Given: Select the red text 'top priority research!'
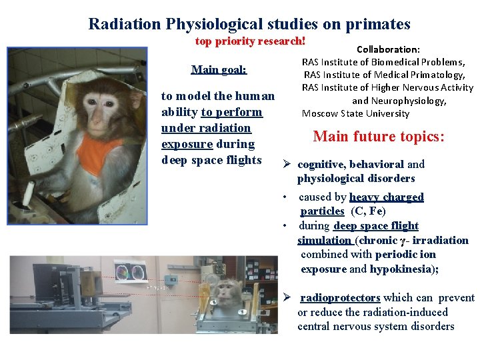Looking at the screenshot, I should click(x=250, y=41).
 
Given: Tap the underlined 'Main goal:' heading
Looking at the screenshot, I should click(x=219, y=69).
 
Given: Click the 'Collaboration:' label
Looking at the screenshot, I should click(x=388, y=49).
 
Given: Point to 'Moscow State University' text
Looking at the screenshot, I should click(x=355, y=113).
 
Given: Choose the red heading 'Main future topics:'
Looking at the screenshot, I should click(x=379, y=137).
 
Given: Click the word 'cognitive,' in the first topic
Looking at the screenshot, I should click(x=321, y=165).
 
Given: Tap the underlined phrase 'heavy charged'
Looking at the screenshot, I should click(x=387, y=197).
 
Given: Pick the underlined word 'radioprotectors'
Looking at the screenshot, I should click(x=340, y=298).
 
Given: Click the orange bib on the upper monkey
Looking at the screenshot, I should click(x=99, y=153).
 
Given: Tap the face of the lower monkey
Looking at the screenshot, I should click(x=229, y=294).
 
